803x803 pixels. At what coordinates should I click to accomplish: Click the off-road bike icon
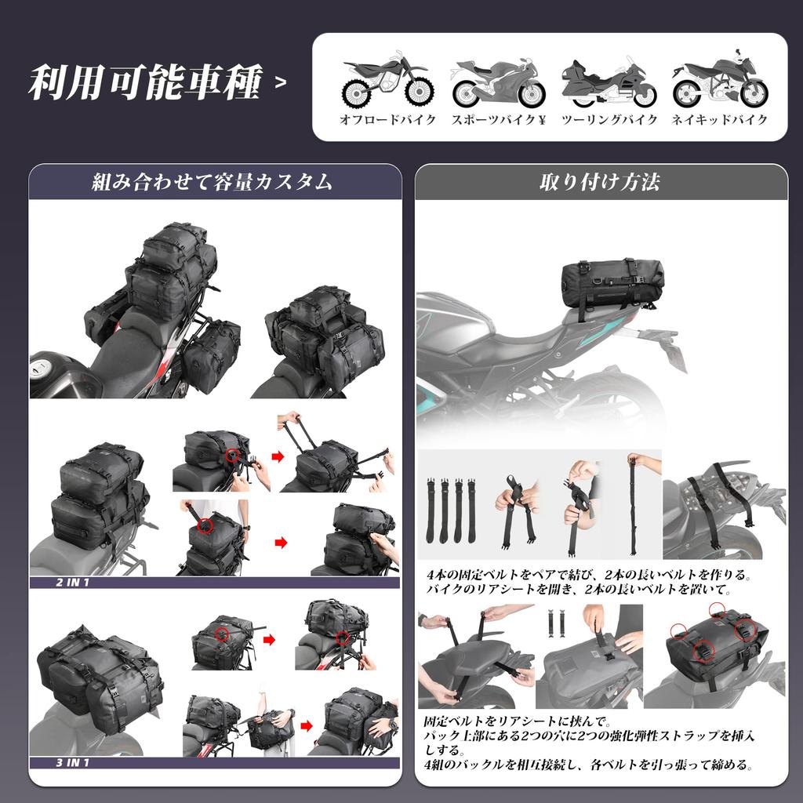(x=387, y=79)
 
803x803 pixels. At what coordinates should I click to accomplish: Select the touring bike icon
(x=609, y=82)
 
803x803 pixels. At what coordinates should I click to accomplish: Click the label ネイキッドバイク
(x=720, y=120)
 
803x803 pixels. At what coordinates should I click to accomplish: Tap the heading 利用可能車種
(x=144, y=84)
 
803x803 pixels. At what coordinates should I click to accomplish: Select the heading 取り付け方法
(x=600, y=182)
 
